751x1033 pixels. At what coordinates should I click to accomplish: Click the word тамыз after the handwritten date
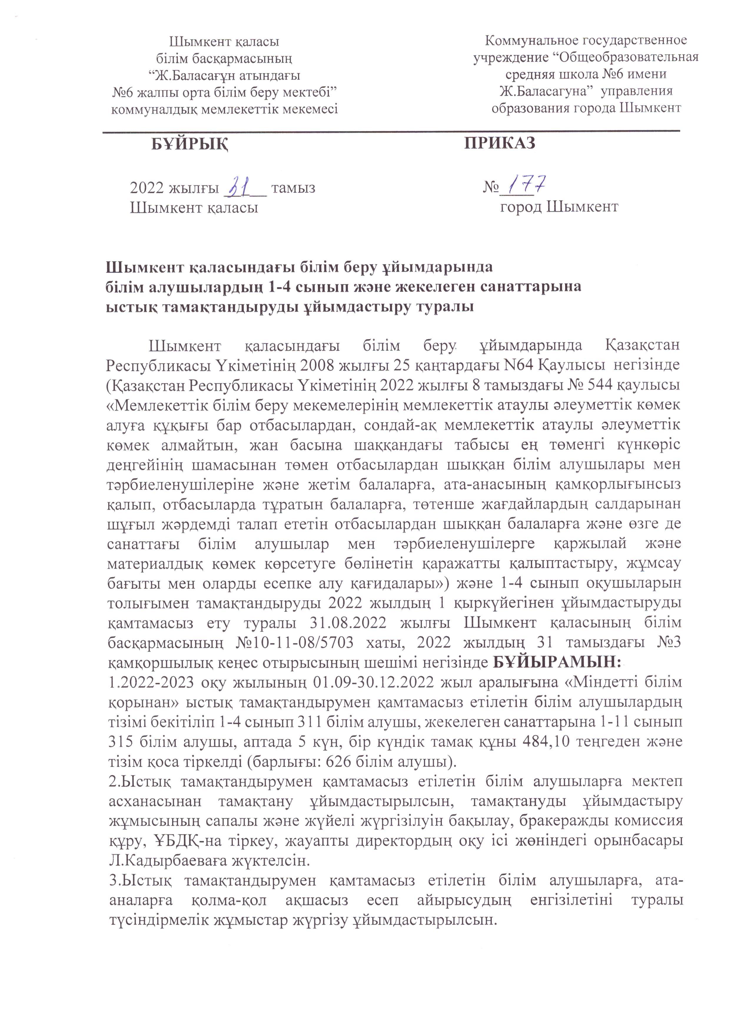coord(293,188)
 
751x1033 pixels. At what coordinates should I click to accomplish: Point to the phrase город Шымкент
coord(559,207)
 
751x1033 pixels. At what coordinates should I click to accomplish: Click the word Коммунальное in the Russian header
coord(533,41)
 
